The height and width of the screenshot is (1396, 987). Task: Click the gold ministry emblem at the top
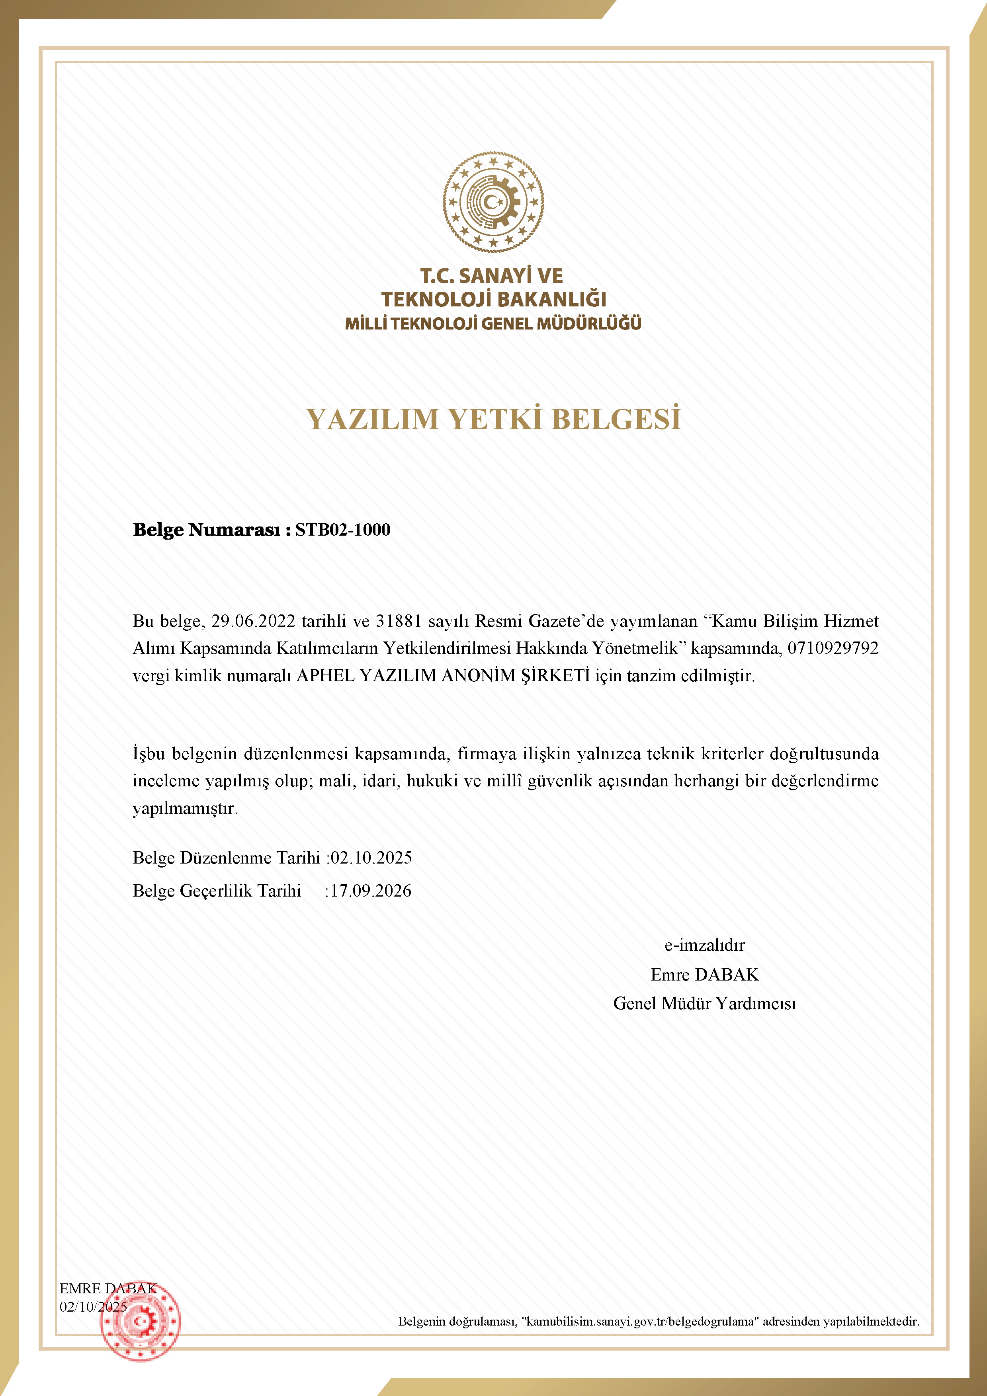point(493,202)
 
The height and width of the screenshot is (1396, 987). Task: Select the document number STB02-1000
point(343,530)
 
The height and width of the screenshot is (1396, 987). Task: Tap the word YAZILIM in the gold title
point(372,419)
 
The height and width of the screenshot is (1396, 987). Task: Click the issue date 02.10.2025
point(371,858)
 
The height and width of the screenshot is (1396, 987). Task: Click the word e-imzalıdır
point(704,945)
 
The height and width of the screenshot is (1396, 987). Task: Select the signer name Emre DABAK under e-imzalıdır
point(704,975)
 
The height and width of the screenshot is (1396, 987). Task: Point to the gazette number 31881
point(398,621)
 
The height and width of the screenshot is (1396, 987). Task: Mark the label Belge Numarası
point(207,530)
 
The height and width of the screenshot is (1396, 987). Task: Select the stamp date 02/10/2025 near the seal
point(93,1306)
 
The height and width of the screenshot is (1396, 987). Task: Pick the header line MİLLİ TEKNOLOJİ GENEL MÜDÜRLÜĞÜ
point(493,324)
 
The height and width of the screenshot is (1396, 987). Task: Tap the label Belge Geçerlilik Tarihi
point(217,891)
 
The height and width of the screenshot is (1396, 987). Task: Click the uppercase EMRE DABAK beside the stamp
point(107,1289)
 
